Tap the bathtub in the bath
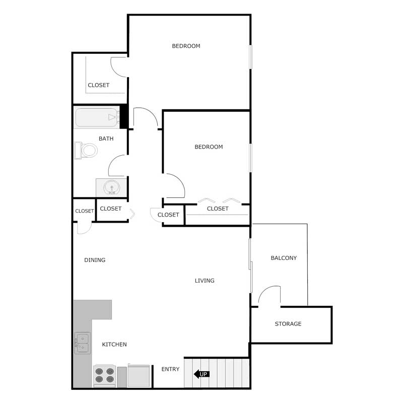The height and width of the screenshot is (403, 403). tap(97, 118)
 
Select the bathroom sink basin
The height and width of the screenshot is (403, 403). tap(111, 187)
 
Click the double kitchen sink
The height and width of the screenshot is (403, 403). tap(82, 342)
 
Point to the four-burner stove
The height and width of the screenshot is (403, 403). tap(105, 376)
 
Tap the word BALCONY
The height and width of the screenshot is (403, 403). tap(284, 258)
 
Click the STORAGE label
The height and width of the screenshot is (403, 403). tap(288, 324)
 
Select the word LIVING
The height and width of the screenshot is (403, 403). tap(205, 281)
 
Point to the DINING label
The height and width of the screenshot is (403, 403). tap(95, 260)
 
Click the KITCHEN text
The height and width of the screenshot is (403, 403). tap(114, 345)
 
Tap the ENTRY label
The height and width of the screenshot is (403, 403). tap(170, 369)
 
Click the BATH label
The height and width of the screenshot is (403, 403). tap(106, 139)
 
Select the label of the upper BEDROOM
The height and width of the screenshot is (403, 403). tap(186, 46)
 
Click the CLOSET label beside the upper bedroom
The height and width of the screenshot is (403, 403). tap(99, 85)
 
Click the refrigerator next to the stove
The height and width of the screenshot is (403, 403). tap(139, 376)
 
